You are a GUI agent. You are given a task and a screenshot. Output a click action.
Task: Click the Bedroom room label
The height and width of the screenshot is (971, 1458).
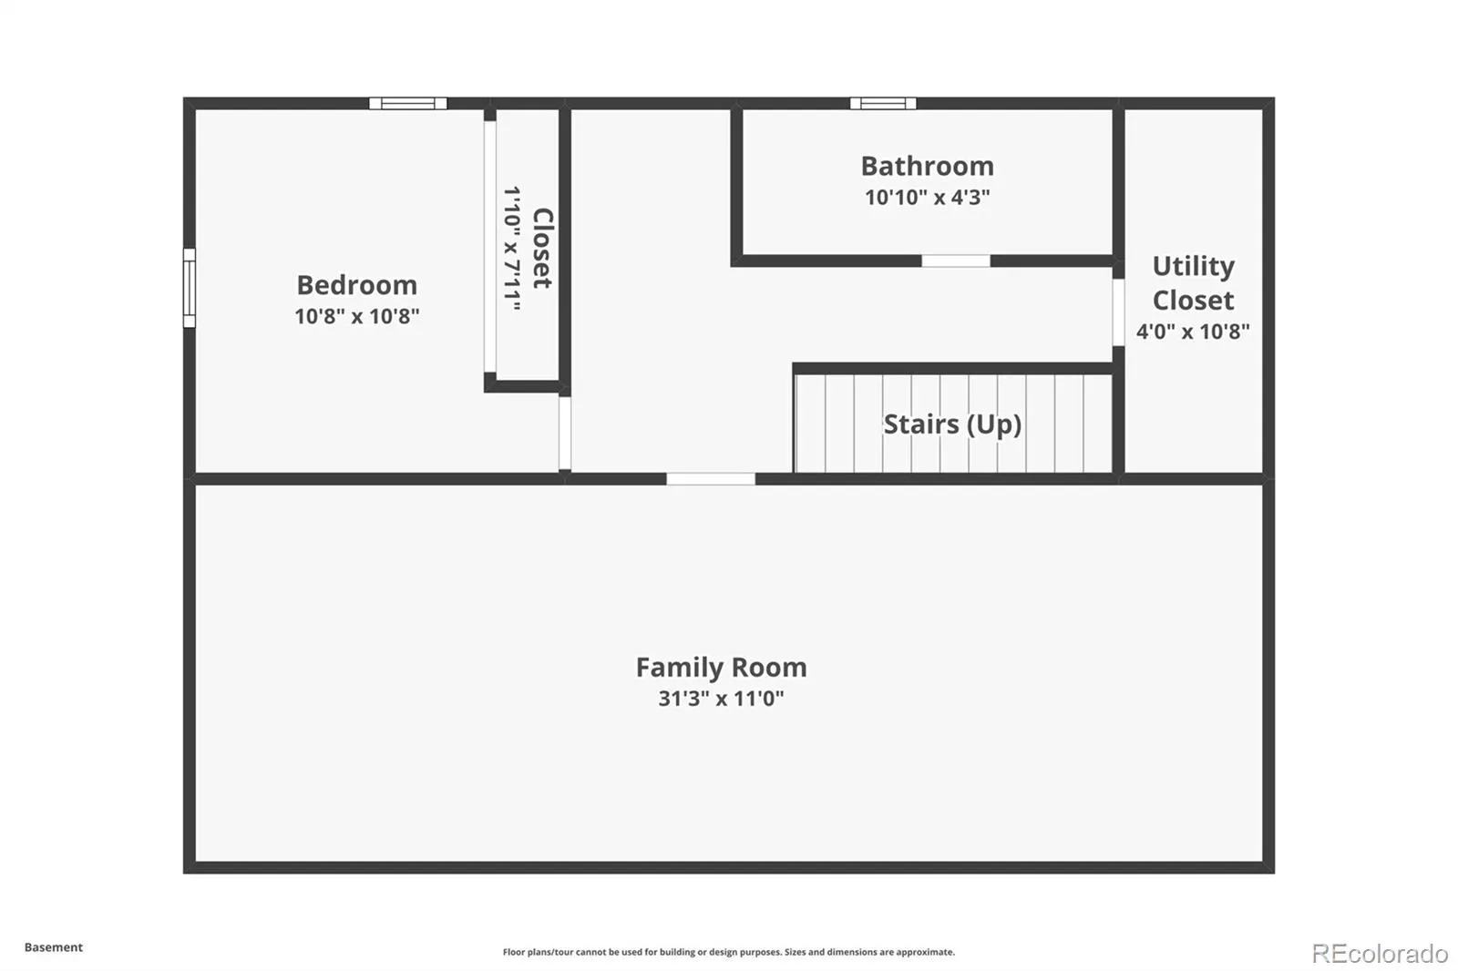pyautogui.click(x=356, y=285)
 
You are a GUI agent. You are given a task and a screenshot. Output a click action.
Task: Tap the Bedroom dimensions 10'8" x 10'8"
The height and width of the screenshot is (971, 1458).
pyautogui.click(x=356, y=316)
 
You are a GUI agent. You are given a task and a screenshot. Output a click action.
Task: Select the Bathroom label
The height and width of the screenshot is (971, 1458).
pyautogui.click(x=928, y=166)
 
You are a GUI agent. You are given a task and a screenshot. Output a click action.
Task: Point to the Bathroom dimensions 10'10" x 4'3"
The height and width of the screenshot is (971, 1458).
pyautogui.click(x=928, y=197)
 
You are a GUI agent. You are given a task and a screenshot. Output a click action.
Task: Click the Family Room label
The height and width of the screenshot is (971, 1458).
pyautogui.click(x=721, y=668)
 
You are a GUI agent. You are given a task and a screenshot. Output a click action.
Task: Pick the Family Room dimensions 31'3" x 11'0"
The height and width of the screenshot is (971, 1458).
pyautogui.click(x=721, y=699)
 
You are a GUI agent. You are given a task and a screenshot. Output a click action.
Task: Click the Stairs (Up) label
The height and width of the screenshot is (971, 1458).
pyautogui.click(x=952, y=424)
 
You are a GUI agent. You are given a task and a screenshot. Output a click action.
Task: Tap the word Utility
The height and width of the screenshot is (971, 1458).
pyautogui.click(x=1193, y=266)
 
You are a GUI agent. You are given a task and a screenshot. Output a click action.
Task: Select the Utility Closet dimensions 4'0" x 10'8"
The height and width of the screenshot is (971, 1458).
pyautogui.click(x=1193, y=332)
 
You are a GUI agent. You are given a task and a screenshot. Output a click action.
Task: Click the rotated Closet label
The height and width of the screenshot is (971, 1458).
pyautogui.click(x=543, y=248)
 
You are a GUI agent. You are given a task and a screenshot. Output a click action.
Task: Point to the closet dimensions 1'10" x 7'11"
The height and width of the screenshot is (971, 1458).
pyautogui.click(x=512, y=248)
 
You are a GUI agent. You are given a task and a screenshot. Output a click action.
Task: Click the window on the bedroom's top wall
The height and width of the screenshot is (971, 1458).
pyautogui.click(x=408, y=103)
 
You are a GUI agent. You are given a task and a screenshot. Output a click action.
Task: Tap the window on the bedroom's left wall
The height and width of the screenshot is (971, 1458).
pyautogui.click(x=189, y=288)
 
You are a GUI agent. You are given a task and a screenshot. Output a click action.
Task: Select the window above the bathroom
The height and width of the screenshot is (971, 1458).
pyautogui.click(x=883, y=103)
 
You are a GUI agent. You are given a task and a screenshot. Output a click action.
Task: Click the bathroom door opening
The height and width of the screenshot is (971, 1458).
pyautogui.click(x=956, y=261)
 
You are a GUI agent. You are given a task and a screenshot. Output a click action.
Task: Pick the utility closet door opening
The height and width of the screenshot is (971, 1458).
pyautogui.click(x=1118, y=312)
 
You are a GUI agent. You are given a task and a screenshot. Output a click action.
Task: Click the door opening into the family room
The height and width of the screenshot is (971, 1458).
pyautogui.click(x=711, y=479)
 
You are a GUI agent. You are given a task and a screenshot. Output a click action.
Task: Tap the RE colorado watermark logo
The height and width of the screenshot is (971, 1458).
pyautogui.click(x=1380, y=954)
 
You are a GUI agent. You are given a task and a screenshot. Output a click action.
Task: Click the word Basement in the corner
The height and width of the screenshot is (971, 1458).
pyautogui.click(x=54, y=947)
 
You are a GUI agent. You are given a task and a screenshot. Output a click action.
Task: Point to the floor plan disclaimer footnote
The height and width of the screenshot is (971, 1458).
pyautogui.click(x=729, y=952)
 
